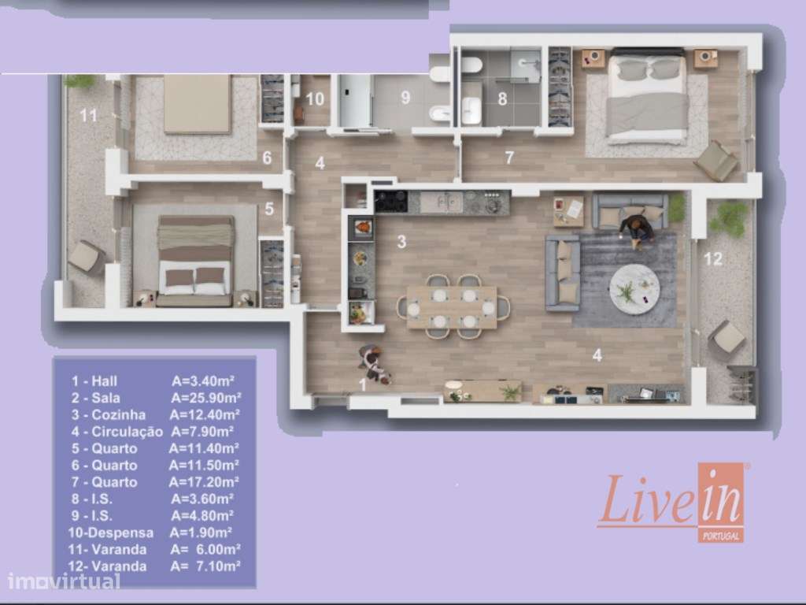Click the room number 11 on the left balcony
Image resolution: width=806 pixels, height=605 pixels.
[x=88, y=116]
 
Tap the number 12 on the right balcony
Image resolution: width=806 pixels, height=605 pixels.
[x=712, y=259]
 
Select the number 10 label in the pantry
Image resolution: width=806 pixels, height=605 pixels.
[x=315, y=99]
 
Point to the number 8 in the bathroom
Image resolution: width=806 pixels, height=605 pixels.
[x=501, y=99]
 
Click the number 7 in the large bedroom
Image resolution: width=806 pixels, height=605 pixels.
[x=509, y=158]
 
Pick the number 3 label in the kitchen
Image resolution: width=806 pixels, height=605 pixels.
[x=401, y=243]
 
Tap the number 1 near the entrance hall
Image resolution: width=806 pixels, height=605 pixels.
[x=363, y=384]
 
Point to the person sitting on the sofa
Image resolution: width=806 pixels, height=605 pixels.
[x=637, y=228]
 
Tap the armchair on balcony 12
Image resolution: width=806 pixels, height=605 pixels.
[x=726, y=340]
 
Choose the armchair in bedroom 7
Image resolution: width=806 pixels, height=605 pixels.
[x=715, y=161]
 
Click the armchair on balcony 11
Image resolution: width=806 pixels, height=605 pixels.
[x=86, y=257]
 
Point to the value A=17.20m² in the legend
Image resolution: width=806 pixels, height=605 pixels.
[x=203, y=482]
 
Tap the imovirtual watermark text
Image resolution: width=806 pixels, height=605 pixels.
[x=65, y=582]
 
